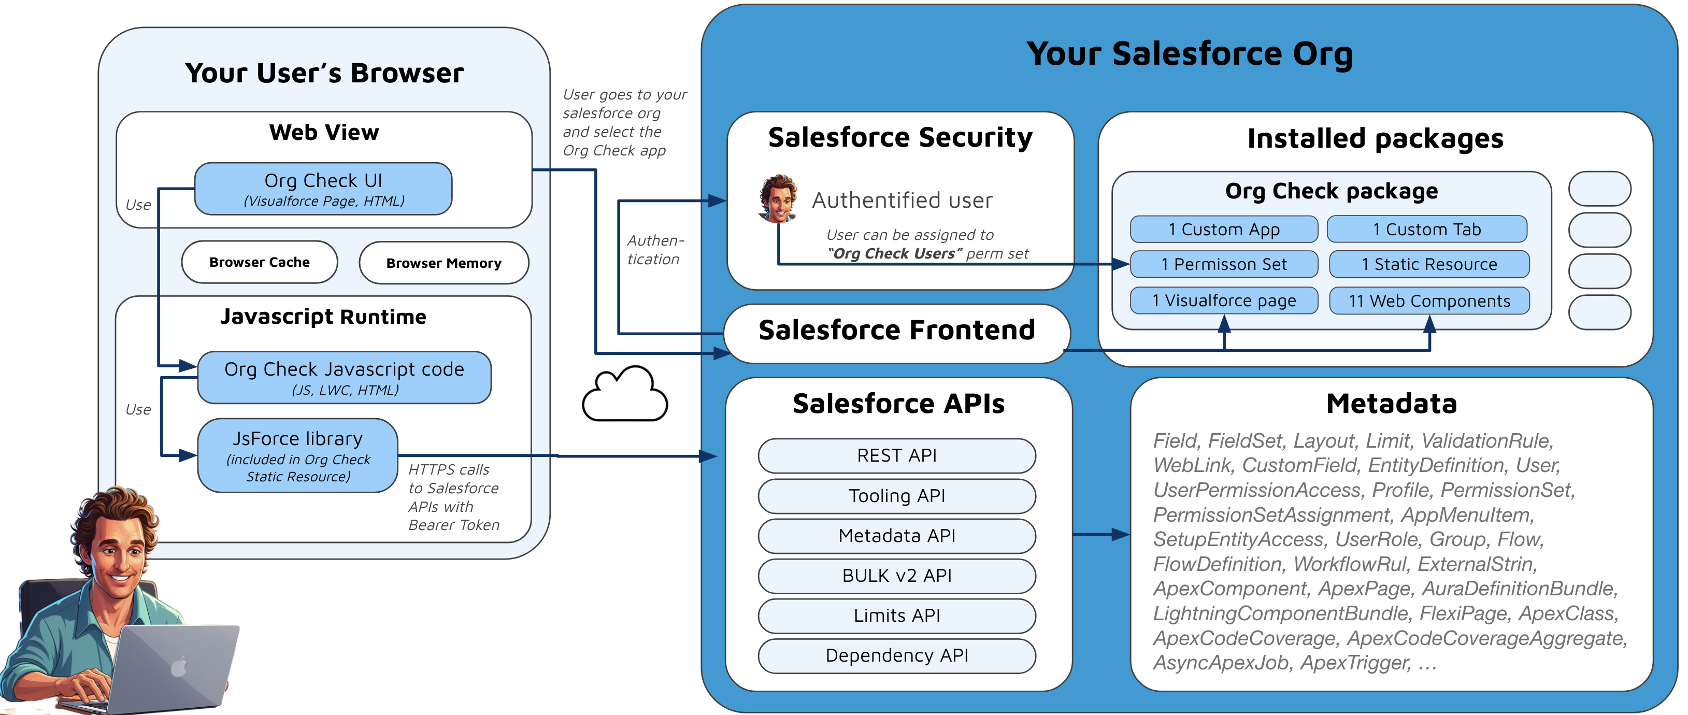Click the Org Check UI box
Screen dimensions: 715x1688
(323, 189)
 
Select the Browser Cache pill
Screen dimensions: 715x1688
(260, 262)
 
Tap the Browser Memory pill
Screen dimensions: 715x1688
(444, 263)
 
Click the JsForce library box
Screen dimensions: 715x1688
(297, 456)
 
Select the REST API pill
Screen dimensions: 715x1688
(896, 455)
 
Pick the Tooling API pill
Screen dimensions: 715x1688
(896, 496)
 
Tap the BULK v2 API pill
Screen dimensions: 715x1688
(896, 576)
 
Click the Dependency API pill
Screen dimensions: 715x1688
(896, 655)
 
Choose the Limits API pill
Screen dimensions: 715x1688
(896, 616)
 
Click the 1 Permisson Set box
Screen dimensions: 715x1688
(1223, 264)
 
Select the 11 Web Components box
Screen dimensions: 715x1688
(1429, 301)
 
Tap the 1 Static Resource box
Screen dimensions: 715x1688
(1429, 264)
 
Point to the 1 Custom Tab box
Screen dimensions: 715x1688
(1426, 230)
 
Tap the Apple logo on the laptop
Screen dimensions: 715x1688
(178, 668)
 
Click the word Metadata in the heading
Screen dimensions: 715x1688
(1391, 404)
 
